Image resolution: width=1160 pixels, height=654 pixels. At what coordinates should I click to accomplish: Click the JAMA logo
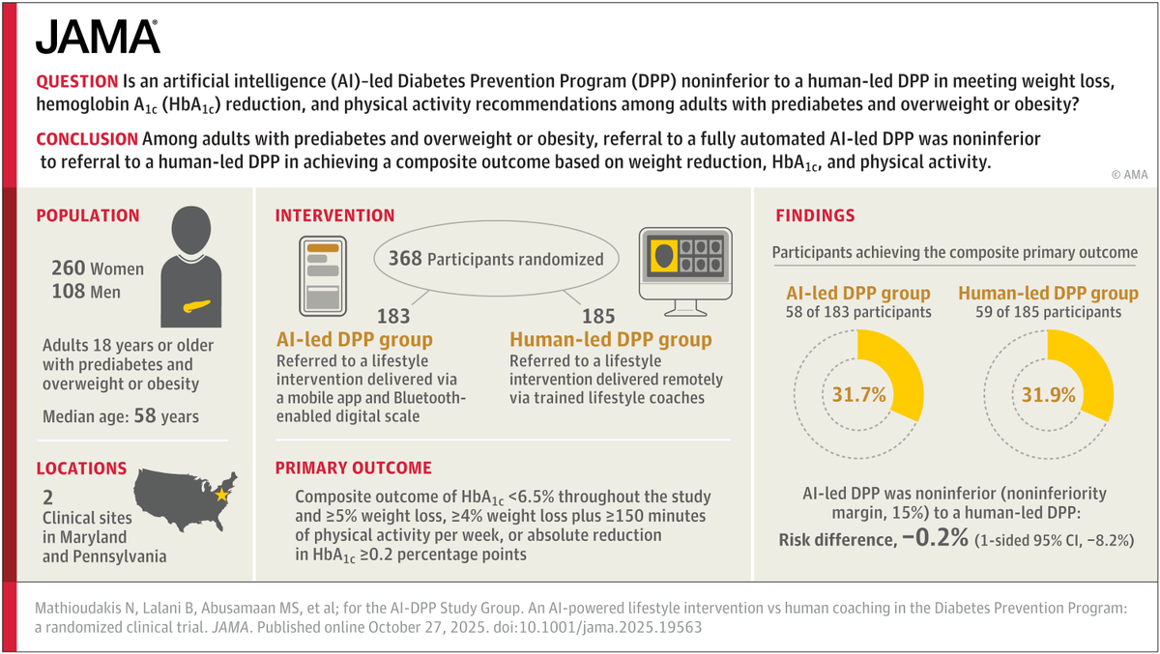click(x=98, y=37)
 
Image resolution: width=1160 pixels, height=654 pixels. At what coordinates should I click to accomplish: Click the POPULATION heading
click(x=88, y=216)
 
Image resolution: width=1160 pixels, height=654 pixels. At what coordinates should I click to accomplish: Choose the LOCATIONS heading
click(x=81, y=469)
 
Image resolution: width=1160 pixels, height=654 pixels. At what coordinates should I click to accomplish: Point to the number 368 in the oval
click(x=405, y=258)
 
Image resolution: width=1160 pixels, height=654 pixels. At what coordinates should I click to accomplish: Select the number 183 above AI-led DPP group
click(x=393, y=316)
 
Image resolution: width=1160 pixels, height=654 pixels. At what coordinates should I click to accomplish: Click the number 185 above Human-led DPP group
click(x=599, y=316)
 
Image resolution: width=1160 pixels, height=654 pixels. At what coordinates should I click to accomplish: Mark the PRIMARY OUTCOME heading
click(x=353, y=469)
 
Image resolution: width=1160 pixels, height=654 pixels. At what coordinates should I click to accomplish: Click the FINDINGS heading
click(x=816, y=216)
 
